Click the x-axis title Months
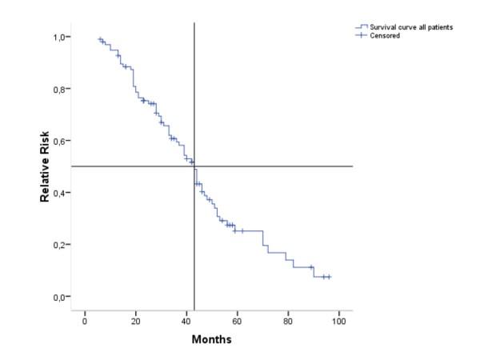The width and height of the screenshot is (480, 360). (212, 339)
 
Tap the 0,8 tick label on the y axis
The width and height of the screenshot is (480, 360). (62, 89)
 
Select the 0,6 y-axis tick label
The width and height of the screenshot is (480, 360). (62, 141)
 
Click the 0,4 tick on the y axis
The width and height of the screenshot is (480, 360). (62, 193)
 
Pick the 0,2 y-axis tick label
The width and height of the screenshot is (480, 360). (62, 245)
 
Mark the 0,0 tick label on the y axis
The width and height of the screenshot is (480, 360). (62, 297)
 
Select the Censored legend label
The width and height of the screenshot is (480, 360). (387, 35)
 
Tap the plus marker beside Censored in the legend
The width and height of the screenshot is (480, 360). (362, 35)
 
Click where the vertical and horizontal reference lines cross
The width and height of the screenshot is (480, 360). (194, 166)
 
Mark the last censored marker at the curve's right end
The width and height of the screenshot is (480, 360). (329, 277)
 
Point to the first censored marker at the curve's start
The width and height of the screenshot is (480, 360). (101, 39)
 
